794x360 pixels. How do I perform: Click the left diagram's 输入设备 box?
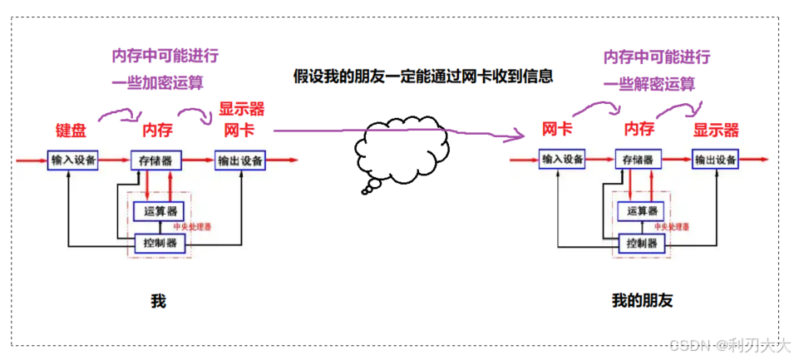tap(73, 160)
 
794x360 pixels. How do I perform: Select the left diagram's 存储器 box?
tap(156, 160)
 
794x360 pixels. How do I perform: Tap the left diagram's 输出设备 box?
tap(239, 160)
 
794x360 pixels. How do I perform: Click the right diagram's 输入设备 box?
tap(563, 160)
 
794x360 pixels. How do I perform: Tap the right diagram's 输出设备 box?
tap(715, 160)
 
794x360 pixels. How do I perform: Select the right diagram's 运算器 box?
tap(642, 210)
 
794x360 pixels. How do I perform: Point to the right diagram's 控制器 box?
tap(642, 244)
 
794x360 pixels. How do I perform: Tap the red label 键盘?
tap(71, 130)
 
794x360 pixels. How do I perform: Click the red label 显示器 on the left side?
tap(241, 109)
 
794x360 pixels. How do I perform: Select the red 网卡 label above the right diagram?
tap(556, 129)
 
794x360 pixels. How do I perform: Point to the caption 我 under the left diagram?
tap(158, 300)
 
